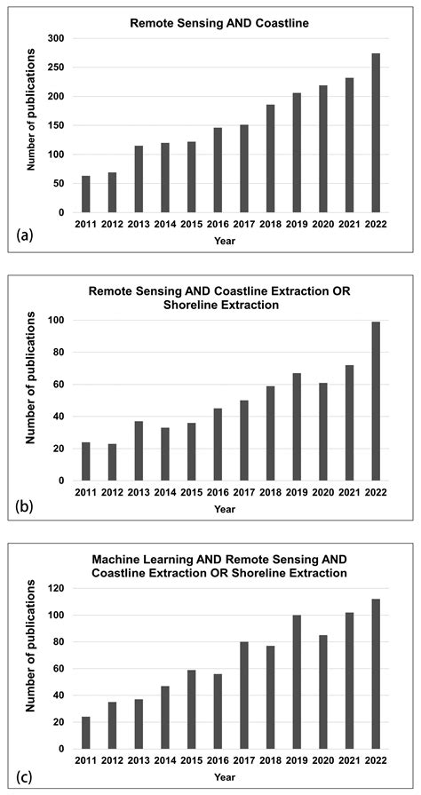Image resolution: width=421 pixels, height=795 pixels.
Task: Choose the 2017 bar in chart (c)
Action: coord(244,695)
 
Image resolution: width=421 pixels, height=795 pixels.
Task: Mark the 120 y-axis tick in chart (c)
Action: coord(56,588)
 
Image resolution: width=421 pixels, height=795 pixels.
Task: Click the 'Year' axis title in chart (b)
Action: coord(225,510)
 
